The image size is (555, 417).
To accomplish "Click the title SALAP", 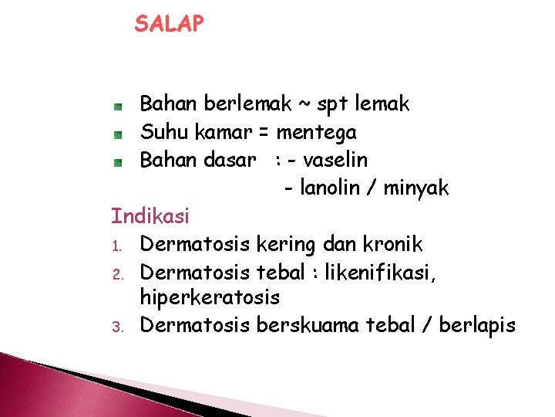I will [170, 24].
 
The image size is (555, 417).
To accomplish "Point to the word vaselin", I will [335, 161].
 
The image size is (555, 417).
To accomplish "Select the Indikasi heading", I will [150, 216].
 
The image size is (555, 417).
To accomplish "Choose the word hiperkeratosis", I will [210, 297].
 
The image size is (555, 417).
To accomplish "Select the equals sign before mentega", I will [264, 133].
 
